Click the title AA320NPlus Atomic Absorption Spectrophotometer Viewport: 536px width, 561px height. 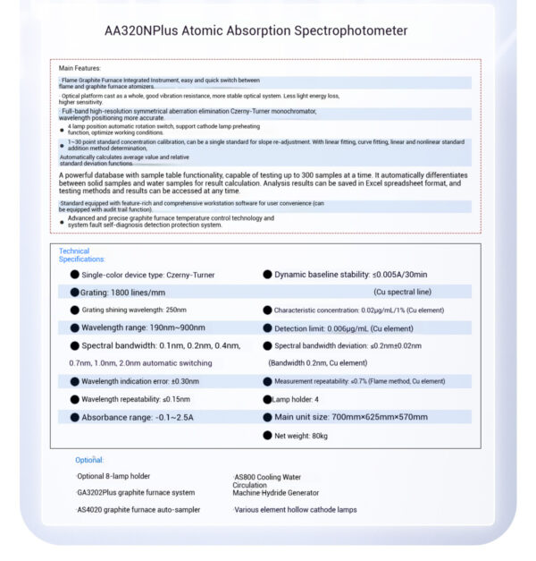click(x=255, y=30)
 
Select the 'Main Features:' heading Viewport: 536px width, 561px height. click(x=80, y=68)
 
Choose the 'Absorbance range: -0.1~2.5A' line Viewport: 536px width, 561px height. click(x=138, y=417)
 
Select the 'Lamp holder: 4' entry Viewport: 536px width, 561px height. click(x=296, y=399)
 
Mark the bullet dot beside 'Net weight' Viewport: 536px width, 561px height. click(x=267, y=436)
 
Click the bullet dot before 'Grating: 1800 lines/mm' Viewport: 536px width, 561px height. click(x=74, y=293)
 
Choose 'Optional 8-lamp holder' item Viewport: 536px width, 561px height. click(x=113, y=477)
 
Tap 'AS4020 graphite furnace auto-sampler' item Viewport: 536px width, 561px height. click(x=138, y=510)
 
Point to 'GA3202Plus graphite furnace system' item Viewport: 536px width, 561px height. click(x=135, y=493)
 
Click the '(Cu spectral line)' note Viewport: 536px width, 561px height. click(x=402, y=293)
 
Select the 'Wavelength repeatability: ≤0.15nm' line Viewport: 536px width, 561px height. click(x=136, y=399)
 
